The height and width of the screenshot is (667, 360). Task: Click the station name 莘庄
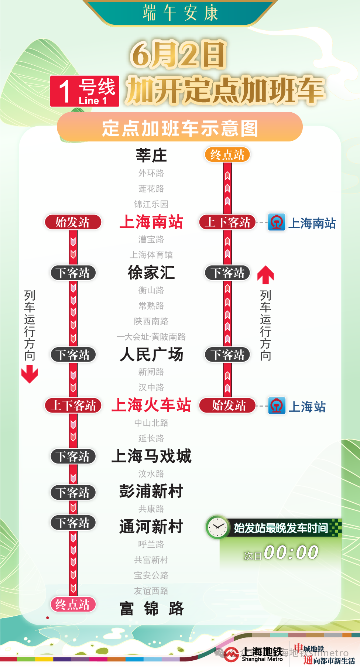point(151,155)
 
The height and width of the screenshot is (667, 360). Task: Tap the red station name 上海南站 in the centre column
point(151,222)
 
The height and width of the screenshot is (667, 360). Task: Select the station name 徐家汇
point(151,273)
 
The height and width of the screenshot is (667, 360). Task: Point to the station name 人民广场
point(151,355)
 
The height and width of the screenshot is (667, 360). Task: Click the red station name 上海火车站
point(151,405)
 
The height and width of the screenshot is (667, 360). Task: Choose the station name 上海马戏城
point(151,456)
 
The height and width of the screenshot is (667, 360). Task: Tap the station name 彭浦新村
point(151,492)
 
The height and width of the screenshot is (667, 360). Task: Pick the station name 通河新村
point(151,527)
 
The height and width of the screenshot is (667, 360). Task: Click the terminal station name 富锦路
point(151,609)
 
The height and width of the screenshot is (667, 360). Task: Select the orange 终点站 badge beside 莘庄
point(227,155)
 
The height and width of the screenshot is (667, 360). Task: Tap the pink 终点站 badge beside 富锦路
point(73,605)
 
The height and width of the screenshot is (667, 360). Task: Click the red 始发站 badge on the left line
point(73,222)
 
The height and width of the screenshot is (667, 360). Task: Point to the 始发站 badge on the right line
point(227,406)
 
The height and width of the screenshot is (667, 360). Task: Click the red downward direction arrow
point(30,374)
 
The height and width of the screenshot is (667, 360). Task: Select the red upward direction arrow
point(265,274)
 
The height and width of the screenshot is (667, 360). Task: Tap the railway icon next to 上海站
point(277,406)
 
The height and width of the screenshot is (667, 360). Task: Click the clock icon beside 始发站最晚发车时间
point(217,527)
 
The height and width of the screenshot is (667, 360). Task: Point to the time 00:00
point(291,553)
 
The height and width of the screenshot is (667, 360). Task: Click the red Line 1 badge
point(85,91)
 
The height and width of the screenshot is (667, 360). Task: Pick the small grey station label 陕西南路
point(151,321)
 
